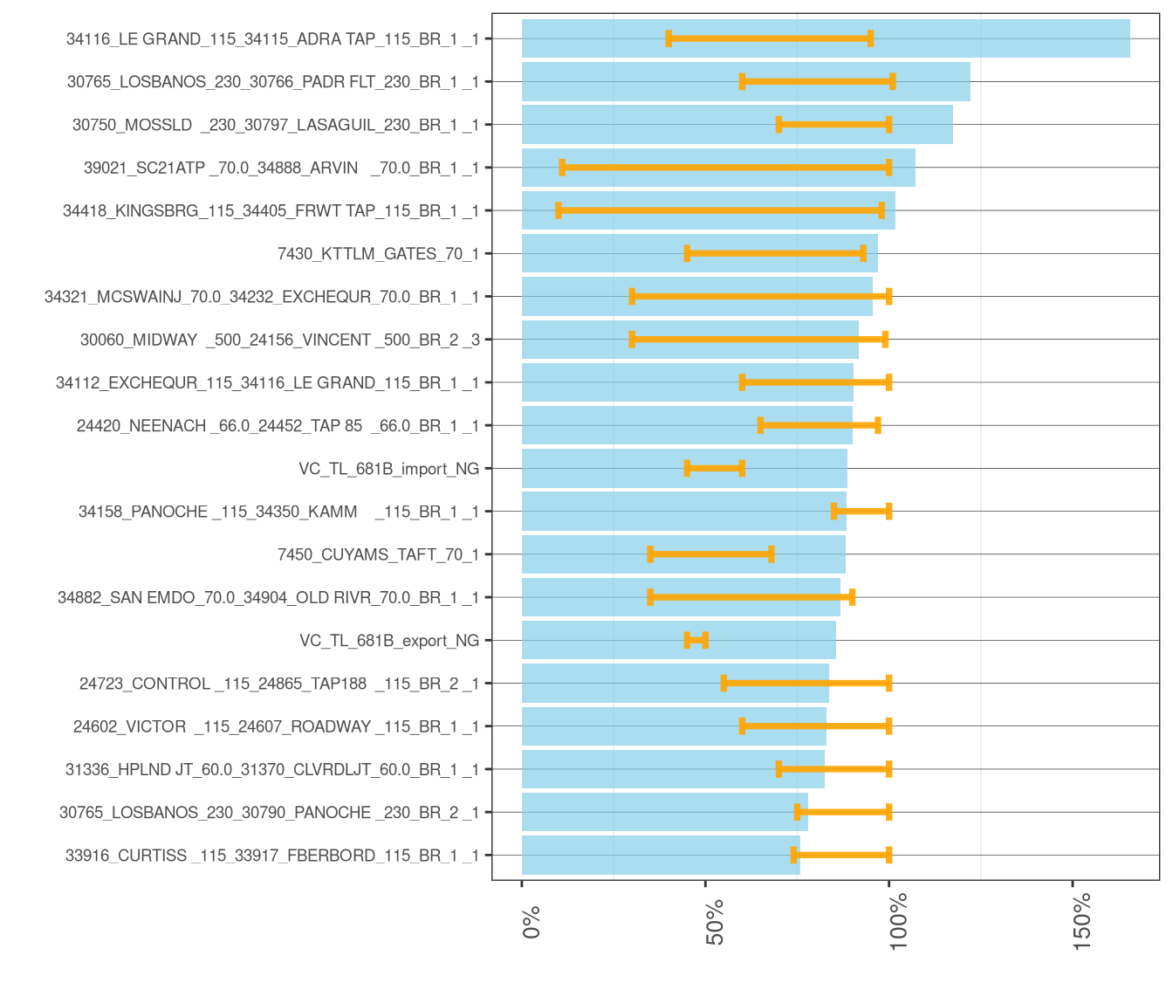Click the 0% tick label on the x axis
pos(532,922)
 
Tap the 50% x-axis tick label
pos(716,922)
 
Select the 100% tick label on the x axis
pos(899,922)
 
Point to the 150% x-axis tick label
pos(1083,922)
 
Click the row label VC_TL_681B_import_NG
pos(388,469)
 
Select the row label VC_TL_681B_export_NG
pos(389,641)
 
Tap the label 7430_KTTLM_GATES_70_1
pos(378,254)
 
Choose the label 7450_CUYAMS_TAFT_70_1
pos(378,554)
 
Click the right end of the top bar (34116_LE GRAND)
pos(1128,38)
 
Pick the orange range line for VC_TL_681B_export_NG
pos(696,641)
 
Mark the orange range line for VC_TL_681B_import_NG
pos(714,469)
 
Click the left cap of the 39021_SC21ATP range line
pos(562,168)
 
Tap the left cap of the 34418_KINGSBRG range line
pos(559,210)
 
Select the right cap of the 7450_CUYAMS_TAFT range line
pos(772,554)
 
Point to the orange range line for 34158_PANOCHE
pos(861,512)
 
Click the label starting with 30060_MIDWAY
pos(279,340)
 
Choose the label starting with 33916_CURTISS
pos(272,856)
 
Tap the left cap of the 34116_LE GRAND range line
pos(669,38)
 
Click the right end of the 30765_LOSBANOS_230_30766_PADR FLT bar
pos(969,81)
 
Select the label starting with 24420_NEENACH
pos(278,426)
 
